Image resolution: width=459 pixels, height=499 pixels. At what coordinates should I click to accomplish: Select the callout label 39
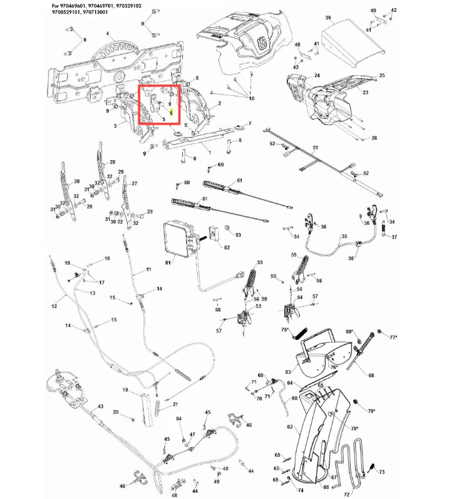327,19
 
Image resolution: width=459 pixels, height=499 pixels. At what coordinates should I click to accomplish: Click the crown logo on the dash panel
259,43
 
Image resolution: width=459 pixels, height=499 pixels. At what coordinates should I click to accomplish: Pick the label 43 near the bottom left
100,406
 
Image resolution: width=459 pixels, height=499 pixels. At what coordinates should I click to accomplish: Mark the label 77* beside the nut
393,337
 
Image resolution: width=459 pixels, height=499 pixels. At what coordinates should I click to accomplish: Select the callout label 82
227,247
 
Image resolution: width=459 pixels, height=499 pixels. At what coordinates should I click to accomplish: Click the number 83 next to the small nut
237,235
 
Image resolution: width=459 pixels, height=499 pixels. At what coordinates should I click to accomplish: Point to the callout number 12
54,306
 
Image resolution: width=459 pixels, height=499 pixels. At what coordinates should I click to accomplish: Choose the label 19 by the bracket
125,391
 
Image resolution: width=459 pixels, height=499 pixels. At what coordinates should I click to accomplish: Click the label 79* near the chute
371,411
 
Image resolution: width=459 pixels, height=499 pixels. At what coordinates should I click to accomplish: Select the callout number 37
395,237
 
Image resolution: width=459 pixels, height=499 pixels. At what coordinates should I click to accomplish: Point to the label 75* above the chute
285,329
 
